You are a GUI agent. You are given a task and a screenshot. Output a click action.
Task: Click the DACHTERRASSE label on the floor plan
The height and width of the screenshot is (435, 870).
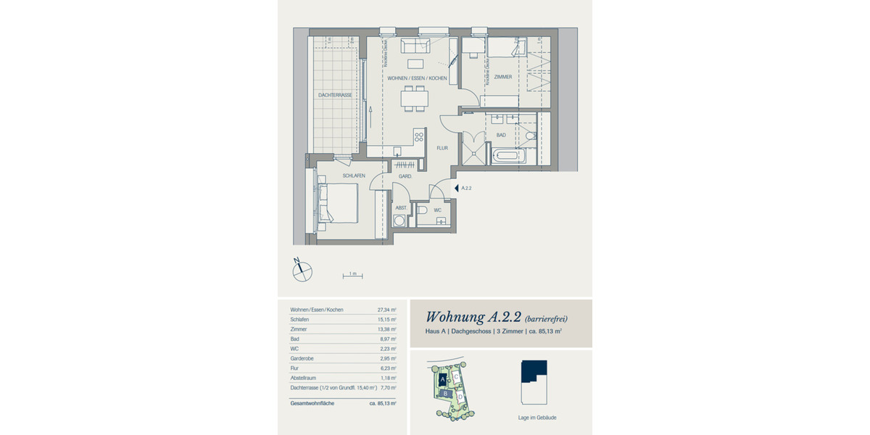pyautogui.click(x=335, y=95)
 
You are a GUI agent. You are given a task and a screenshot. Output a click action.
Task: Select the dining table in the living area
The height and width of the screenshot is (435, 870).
pyautogui.click(x=415, y=98)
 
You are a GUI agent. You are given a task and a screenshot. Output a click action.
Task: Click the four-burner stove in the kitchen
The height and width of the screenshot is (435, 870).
pyautogui.click(x=418, y=136)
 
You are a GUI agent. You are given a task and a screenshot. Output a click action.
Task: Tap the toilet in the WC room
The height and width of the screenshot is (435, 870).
pyautogui.click(x=423, y=210)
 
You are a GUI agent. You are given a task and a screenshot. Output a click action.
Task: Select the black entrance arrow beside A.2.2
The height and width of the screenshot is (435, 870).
pyautogui.click(x=456, y=188)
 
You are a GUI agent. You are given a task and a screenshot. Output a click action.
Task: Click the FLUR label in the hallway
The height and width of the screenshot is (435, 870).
pyautogui.click(x=442, y=148)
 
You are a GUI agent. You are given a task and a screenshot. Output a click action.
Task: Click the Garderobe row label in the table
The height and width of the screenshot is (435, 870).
pyautogui.click(x=303, y=357)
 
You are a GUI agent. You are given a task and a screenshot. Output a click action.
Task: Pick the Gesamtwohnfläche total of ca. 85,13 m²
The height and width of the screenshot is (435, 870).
pyautogui.click(x=383, y=402)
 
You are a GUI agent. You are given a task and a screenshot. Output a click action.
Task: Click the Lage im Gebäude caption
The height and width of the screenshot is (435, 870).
pyautogui.click(x=536, y=418)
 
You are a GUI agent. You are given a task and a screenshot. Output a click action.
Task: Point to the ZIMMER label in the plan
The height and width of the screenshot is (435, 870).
pyautogui.click(x=503, y=77)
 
